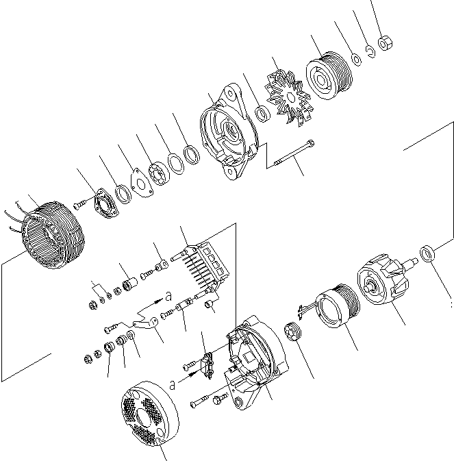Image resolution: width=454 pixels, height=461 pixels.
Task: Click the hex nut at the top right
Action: point(386,43)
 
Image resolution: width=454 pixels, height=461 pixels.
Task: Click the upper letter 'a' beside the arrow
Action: point(168,297)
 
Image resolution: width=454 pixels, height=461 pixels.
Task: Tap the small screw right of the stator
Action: point(81,203)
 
